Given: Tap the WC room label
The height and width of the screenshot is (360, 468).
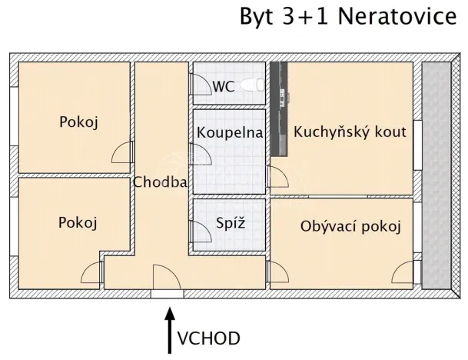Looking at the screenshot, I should click(224, 85).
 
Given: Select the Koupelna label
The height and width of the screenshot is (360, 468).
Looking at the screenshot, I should click(230, 132).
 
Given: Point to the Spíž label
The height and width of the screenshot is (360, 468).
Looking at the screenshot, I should click(230, 224).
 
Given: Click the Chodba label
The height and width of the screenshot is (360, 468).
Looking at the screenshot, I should click(161, 182).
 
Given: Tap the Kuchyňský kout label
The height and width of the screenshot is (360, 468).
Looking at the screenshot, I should click(350, 132).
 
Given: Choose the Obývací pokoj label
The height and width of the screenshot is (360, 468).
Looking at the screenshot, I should click(351, 227).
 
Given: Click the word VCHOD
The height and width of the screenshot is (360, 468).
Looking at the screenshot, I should click(208, 338).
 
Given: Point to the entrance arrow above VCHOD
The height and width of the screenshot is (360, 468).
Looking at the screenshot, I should click(170, 327).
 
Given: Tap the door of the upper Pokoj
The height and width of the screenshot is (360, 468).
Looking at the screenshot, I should click(124, 153).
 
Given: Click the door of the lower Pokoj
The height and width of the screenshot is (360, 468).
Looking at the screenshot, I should click(91, 274).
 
